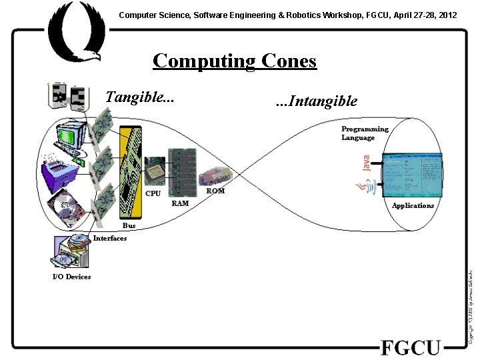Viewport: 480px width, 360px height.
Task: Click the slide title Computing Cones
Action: pyautogui.click(x=234, y=61)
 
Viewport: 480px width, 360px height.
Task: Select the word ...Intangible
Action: pyautogui.click(x=317, y=101)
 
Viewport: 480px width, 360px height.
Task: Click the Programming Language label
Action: pyautogui.click(x=365, y=133)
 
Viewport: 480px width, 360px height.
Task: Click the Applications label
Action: pyautogui.click(x=413, y=205)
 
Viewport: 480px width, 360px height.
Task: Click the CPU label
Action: pyautogui.click(x=153, y=194)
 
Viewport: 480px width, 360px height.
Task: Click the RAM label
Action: pyautogui.click(x=180, y=203)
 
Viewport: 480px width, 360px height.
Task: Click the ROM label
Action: pyautogui.click(x=215, y=191)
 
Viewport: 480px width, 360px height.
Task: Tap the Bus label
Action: pyautogui.click(x=129, y=226)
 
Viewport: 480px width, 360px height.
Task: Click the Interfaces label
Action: pyautogui.click(x=110, y=239)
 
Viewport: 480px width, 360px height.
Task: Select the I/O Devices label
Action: pyautogui.click(x=71, y=277)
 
